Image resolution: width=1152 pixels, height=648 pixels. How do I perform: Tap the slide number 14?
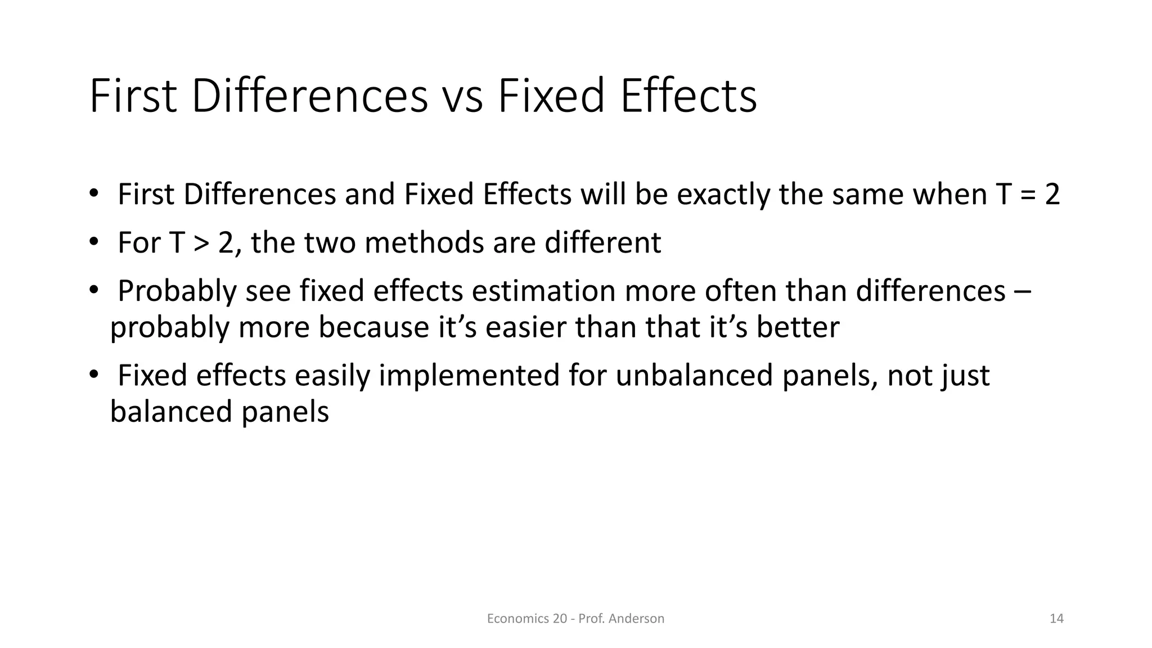click(x=1056, y=619)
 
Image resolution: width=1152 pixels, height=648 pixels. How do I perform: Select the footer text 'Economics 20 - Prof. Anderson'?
click(x=575, y=619)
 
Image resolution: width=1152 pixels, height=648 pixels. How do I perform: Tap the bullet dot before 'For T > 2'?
click(x=93, y=242)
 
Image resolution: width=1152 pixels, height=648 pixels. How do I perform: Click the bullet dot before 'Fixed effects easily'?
click(x=93, y=375)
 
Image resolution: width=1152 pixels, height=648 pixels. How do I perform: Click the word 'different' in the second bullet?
click(x=602, y=243)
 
